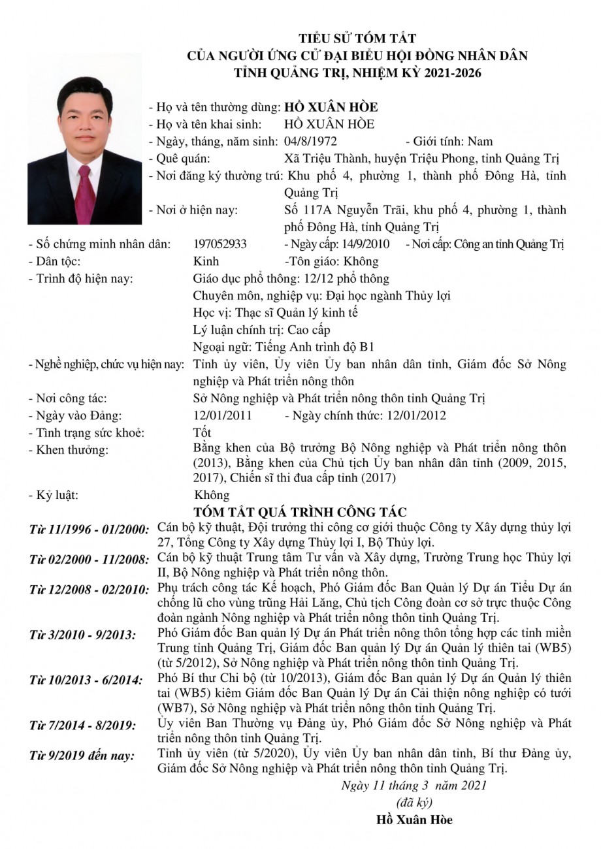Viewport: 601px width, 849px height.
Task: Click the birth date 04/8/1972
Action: click(x=312, y=141)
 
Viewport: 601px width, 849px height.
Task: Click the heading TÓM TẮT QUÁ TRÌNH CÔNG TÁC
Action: click(x=300, y=512)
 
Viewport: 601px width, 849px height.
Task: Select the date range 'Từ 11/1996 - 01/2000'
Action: click(x=89, y=528)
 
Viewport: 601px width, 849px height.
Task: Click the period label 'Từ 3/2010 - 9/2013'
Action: click(x=83, y=635)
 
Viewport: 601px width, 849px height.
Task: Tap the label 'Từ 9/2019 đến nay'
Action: click(x=82, y=756)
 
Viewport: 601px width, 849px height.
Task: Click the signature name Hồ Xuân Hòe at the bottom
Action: click(x=414, y=820)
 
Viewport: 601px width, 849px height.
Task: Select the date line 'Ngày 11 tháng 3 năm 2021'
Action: click(x=414, y=785)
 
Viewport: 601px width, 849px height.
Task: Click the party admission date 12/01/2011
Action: click(x=223, y=415)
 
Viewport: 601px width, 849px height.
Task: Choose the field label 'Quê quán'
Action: click(x=180, y=158)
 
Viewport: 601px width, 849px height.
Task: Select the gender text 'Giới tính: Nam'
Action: click(x=453, y=141)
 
